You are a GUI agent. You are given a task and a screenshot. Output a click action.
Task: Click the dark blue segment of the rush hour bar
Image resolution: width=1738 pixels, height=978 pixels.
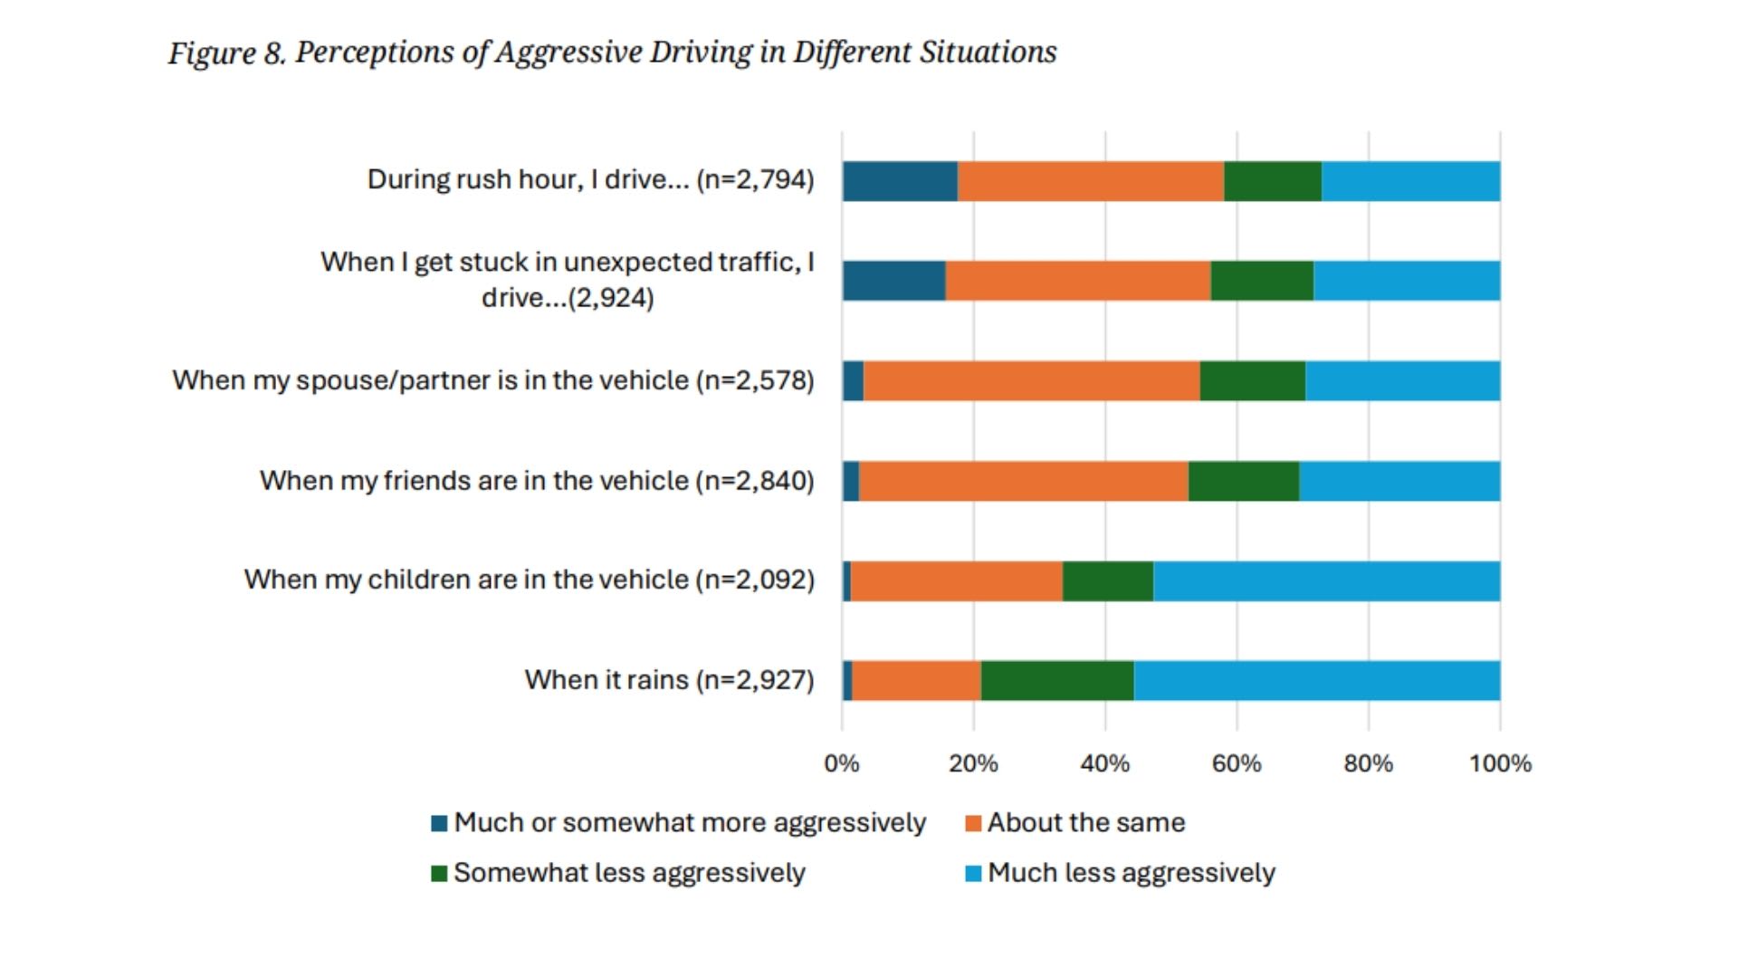tap(900, 181)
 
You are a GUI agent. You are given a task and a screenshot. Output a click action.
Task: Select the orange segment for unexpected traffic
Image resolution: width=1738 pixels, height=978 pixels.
tap(1077, 281)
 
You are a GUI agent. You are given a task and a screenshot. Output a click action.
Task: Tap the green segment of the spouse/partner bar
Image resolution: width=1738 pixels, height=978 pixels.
tap(1252, 380)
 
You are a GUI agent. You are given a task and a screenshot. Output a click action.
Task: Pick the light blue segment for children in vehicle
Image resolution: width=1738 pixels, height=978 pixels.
tap(1326, 581)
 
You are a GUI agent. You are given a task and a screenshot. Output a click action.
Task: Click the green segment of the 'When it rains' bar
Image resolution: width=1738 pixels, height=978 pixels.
tap(1056, 681)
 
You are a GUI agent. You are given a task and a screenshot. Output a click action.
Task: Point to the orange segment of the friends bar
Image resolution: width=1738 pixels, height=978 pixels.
tap(1023, 481)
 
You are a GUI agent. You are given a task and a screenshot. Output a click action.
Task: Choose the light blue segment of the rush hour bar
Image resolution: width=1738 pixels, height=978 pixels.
tap(1410, 181)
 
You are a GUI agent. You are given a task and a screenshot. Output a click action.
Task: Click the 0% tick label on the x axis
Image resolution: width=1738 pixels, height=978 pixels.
tap(841, 763)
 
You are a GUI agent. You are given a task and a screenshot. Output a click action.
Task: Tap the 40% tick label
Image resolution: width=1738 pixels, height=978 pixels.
tap(1104, 763)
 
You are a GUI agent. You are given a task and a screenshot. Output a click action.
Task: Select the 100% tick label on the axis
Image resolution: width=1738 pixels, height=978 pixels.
tap(1500, 763)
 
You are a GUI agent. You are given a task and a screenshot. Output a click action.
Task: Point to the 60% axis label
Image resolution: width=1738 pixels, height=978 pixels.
tap(1237, 763)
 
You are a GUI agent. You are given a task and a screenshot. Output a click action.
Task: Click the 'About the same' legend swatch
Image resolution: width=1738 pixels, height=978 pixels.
tap(974, 824)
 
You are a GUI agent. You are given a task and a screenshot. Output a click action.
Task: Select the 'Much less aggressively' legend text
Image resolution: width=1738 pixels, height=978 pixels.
tap(1131, 873)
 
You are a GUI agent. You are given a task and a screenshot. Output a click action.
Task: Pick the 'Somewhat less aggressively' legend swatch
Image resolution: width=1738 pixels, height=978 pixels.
tap(439, 874)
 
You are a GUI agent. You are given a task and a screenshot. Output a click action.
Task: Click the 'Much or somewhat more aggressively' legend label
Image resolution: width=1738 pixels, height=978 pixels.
tap(690, 823)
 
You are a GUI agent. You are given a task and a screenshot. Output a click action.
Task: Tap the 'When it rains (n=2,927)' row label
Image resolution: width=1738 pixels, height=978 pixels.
tap(669, 680)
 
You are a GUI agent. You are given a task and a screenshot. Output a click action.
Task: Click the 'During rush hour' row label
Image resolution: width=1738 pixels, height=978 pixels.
tap(590, 179)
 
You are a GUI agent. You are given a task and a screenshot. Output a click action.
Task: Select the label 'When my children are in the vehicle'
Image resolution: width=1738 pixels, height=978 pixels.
tap(529, 580)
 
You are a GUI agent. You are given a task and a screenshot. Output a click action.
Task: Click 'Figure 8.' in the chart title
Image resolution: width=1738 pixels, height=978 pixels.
tap(226, 53)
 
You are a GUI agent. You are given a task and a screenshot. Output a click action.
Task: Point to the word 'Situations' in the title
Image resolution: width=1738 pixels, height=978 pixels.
tap(988, 53)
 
